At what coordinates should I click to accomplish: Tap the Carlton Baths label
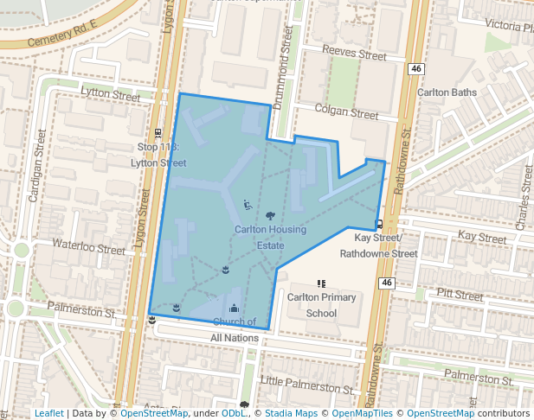point(447,92)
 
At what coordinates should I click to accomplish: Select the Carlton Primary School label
point(321,305)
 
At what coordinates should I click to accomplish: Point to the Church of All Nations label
point(234,330)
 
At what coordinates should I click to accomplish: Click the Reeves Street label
point(353,54)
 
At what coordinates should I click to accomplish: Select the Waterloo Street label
point(89,247)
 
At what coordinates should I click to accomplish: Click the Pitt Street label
point(460,296)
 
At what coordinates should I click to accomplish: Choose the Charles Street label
point(521,208)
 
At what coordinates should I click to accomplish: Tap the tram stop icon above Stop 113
point(158,134)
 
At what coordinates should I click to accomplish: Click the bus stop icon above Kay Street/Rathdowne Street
point(378,224)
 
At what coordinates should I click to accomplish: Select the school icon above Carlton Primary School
point(321,283)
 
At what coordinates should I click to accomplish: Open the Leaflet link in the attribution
point(48,413)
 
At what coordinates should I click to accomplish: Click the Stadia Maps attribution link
point(291,413)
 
